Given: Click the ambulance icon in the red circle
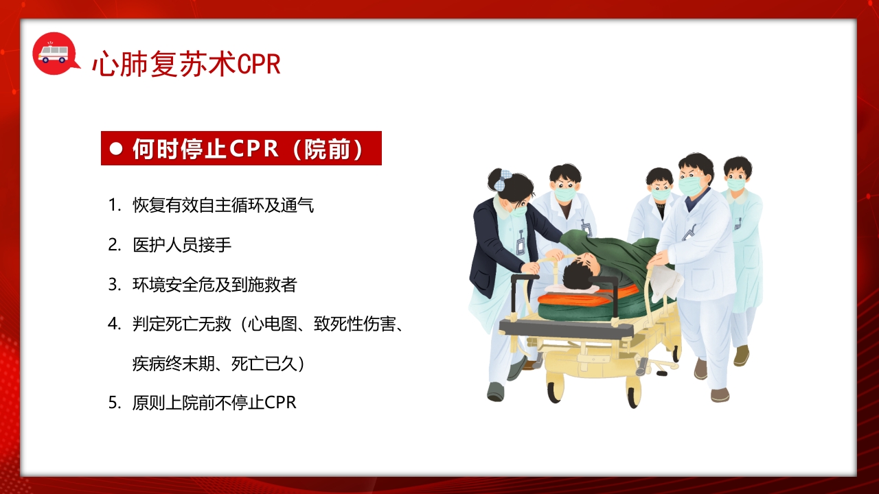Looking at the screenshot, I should click(x=52, y=52).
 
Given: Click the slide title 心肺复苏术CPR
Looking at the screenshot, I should click(x=186, y=64).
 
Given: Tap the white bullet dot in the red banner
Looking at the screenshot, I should click(x=116, y=148).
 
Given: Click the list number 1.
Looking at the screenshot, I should click(x=113, y=205).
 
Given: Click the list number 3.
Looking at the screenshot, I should click(x=113, y=285).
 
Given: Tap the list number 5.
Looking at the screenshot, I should click(x=113, y=403).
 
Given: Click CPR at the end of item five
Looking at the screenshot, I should click(x=281, y=403).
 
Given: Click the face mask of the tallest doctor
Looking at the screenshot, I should click(x=691, y=185).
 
